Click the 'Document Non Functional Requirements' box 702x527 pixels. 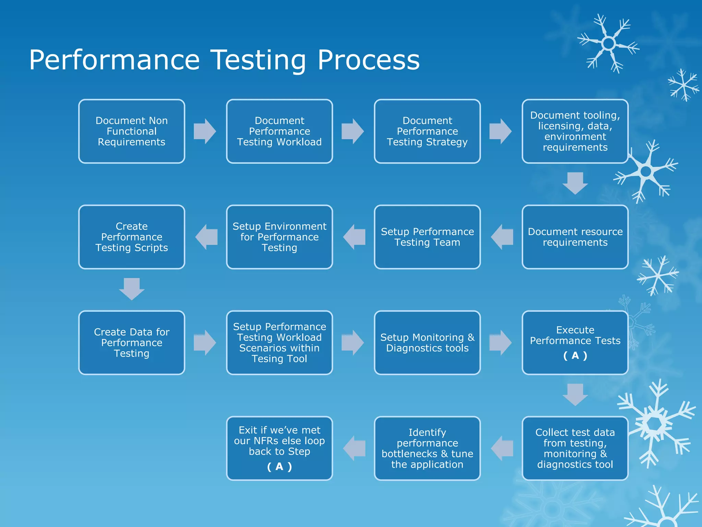point(132,131)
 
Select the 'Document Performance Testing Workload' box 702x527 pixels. point(279,131)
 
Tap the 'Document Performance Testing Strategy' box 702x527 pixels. point(427,131)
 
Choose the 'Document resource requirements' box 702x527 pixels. point(575,237)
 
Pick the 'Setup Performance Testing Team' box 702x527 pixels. point(427,237)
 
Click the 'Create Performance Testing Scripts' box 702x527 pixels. point(132,237)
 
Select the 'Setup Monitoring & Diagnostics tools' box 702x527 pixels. point(427,343)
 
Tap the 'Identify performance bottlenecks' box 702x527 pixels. point(427,448)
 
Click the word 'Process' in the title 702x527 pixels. point(368,60)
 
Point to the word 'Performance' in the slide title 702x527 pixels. point(114,60)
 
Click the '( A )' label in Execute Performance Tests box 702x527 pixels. point(575,356)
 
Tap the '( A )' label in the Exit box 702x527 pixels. point(279,467)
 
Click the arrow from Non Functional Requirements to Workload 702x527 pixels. point(205,131)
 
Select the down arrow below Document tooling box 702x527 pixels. point(575,183)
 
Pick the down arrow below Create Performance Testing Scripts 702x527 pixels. point(132,289)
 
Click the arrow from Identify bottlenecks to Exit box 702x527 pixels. point(354,448)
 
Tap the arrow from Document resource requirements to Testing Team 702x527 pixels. point(502,237)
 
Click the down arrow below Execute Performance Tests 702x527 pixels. point(575,395)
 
